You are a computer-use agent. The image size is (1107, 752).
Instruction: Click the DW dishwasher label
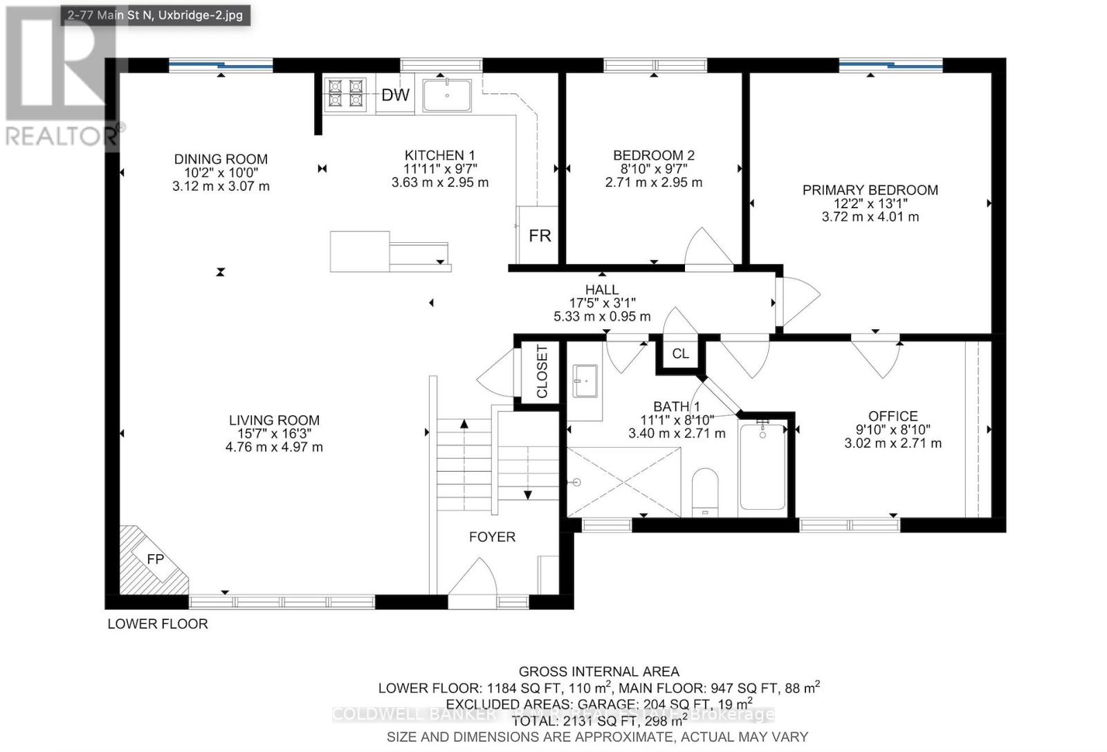pos(395,95)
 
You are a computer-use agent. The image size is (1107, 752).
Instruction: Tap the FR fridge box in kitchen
pos(539,235)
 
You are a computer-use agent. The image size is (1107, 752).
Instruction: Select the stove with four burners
pos(345,94)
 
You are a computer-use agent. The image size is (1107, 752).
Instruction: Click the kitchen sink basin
pos(447,95)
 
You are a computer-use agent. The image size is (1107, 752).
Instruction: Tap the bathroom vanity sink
pos(585,381)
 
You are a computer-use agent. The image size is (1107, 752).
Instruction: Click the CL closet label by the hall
pos(680,354)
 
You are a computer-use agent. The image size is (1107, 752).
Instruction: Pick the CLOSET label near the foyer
pos(542,372)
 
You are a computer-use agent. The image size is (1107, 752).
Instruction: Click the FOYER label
pos(492,537)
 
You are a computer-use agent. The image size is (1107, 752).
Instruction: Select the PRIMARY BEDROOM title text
pos(870,190)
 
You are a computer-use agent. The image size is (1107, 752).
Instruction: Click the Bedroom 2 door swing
pos(704,248)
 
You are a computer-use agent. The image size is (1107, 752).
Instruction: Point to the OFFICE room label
pos(893,416)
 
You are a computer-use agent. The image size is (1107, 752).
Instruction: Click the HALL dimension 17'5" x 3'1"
pos(602,303)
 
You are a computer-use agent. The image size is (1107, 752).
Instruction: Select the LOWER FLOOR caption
pos(158,624)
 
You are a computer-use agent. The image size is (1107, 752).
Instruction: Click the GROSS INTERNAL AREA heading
pos(598,671)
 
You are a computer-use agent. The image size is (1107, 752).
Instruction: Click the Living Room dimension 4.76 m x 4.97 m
pos(274,447)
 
